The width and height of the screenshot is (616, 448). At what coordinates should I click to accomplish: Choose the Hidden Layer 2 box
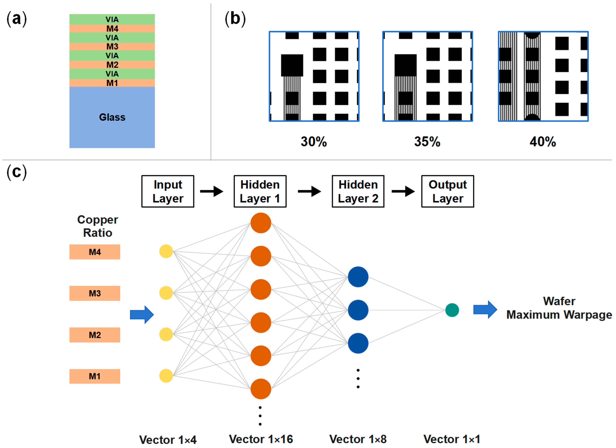pyautogui.click(x=358, y=191)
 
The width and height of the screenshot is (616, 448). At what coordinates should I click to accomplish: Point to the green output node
pyautogui.click(x=452, y=310)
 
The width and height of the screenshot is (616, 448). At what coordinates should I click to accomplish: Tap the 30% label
pyautogui.click(x=314, y=142)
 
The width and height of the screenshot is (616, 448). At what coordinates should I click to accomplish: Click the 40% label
pyautogui.click(x=543, y=142)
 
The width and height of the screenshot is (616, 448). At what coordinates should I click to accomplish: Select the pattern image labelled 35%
pyautogui.click(x=428, y=76)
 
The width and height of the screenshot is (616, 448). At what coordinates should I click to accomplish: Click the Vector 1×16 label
pyautogui.click(x=261, y=439)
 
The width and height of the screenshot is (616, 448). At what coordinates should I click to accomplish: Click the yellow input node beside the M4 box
pyautogui.click(x=166, y=251)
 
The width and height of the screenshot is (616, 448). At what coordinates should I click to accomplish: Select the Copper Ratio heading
pyautogui.click(x=97, y=226)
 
